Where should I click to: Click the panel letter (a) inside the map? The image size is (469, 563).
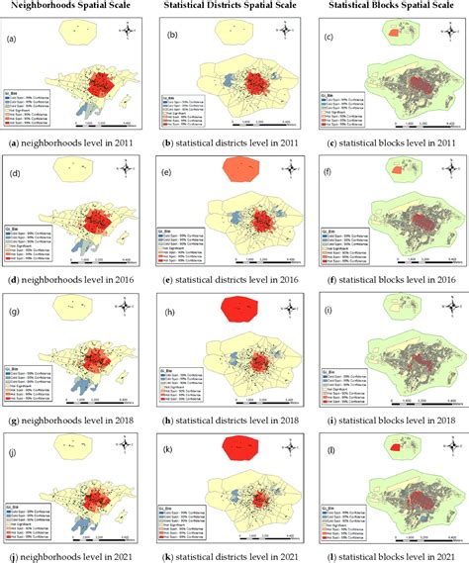coord(13,41)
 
